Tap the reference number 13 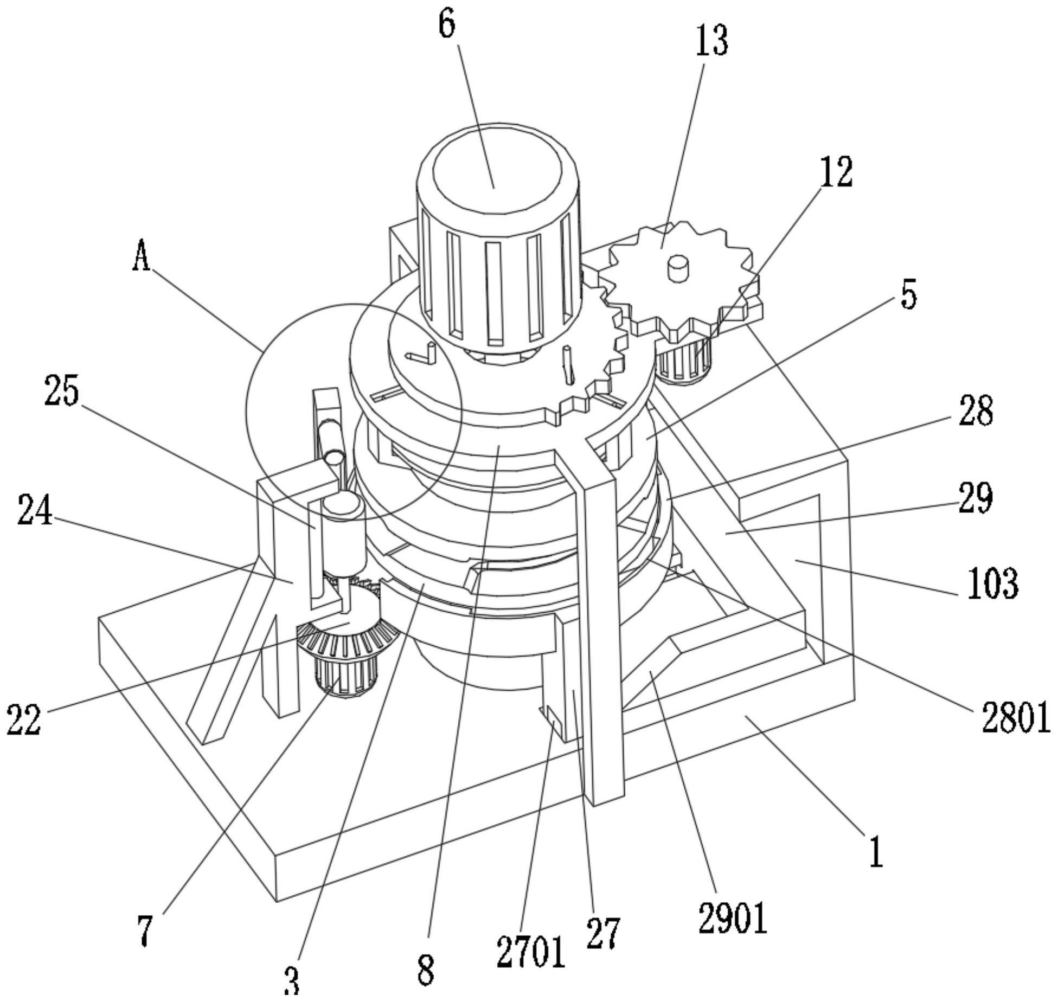[x=712, y=41]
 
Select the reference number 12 [x=836, y=172]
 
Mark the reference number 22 [x=24, y=720]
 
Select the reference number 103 [x=993, y=583]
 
